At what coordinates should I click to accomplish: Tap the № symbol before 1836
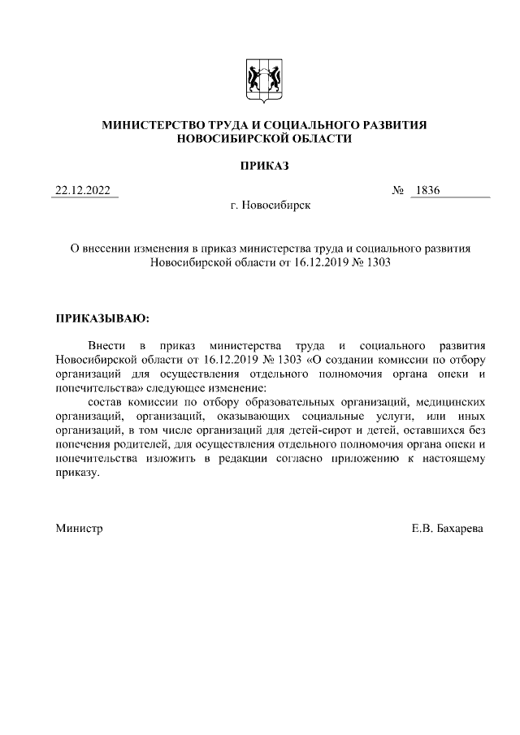click(398, 192)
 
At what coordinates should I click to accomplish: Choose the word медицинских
click(452, 402)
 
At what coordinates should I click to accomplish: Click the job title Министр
click(79, 529)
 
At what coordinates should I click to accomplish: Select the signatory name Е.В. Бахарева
click(448, 529)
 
